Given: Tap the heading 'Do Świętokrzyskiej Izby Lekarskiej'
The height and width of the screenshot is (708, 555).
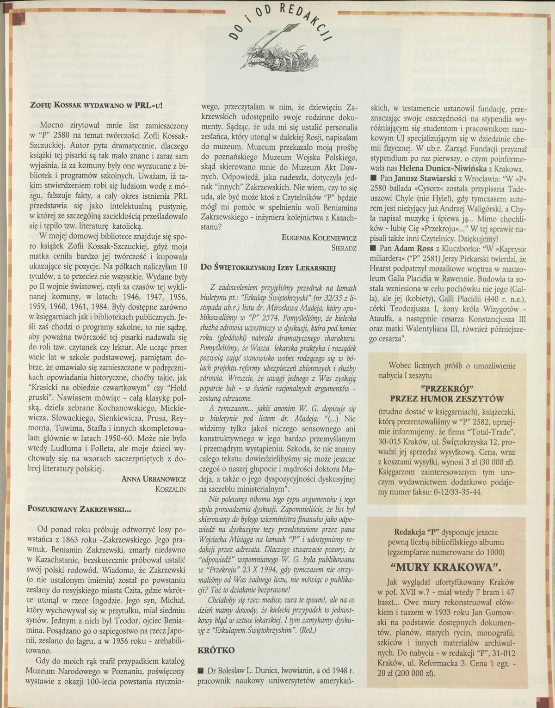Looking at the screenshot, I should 268,267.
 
